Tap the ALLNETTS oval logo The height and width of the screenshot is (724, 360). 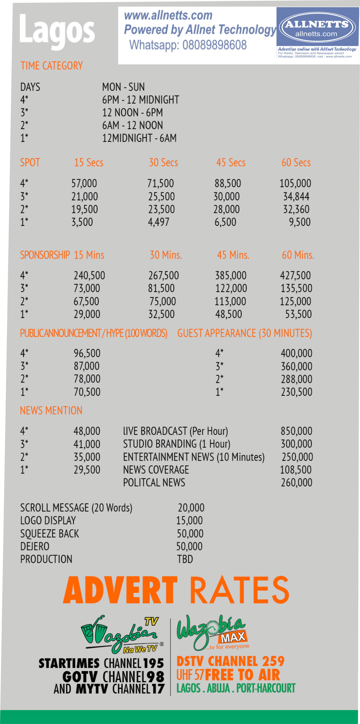pyautogui.click(x=317, y=28)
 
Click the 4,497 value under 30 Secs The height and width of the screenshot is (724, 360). pyautogui.click(x=159, y=222)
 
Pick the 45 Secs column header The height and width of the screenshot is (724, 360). pyautogui.click(x=231, y=162)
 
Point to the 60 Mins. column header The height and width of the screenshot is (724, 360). pyautogui.click(x=298, y=255)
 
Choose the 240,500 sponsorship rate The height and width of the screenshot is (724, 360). pyautogui.click(x=89, y=275)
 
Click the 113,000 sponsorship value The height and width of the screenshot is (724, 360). pyautogui.click(x=230, y=301)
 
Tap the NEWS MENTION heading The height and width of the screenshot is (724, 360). pyautogui.click(x=51, y=411)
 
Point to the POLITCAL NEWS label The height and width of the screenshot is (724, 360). pyautogui.click(x=154, y=483)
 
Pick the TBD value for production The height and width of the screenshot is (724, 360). pyautogui.click(x=185, y=559)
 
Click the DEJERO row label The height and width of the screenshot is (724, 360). pyautogui.click(x=35, y=546)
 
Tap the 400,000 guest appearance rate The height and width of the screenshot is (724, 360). pyautogui.click(x=296, y=353)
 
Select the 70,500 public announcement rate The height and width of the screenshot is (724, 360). pyautogui.click(x=87, y=392)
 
